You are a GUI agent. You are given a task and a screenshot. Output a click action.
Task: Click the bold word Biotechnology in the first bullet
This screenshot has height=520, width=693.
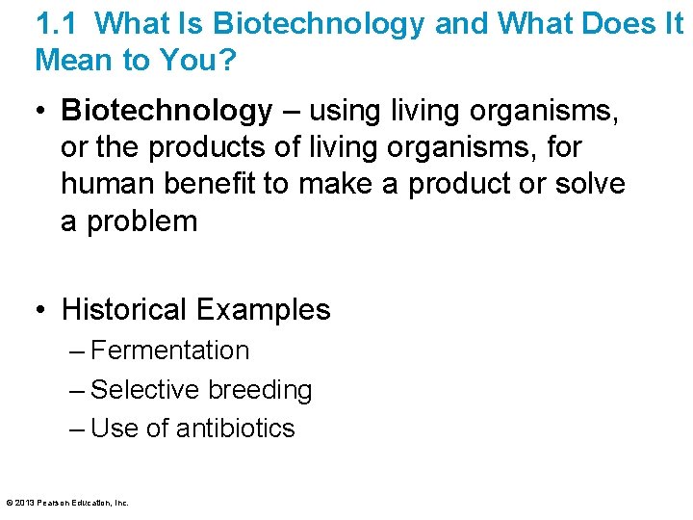click(x=167, y=112)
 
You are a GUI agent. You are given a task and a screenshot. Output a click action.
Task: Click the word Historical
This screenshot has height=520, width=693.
click(x=124, y=310)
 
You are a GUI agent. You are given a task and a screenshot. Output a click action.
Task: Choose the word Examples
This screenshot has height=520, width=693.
click(x=263, y=310)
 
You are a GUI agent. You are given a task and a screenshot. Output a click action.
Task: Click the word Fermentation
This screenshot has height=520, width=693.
click(x=169, y=351)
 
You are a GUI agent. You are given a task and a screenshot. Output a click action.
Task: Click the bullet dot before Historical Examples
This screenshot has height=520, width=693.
click(x=38, y=310)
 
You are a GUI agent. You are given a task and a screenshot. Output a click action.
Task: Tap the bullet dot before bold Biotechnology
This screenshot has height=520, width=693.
click(x=38, y=112)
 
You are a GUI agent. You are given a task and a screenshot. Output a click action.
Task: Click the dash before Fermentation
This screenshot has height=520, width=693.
click(x=77, y=351)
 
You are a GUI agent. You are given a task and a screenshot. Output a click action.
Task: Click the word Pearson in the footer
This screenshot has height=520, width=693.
click(x=50, y=503)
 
